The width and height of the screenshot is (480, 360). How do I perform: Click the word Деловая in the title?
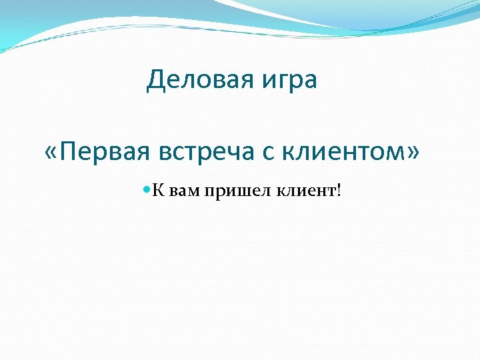[x=198, y=81]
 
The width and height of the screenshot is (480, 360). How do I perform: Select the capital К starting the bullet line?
[x=158, y=191]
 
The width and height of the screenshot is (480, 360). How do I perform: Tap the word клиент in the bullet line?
[x=303, y=192]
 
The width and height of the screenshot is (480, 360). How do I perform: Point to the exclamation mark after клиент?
[x=339, y=191]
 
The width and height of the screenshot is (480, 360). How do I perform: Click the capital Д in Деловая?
[x=155, y=81]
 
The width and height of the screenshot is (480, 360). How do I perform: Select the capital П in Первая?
[x=67, y=152]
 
